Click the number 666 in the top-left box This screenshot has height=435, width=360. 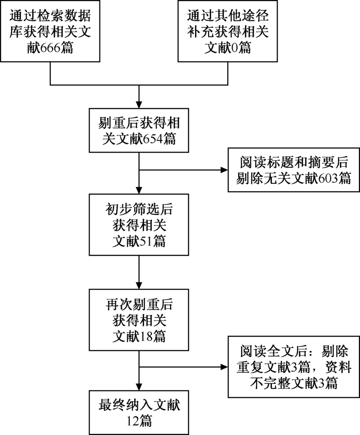pos(50,48)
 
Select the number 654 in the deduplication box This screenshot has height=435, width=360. pos(153,139)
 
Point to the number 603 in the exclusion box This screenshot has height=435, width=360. pos(328,178)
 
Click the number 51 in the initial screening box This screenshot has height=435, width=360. pos(146,241)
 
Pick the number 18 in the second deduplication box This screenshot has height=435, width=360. pos(146,336)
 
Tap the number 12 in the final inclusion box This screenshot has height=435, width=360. pos(133,421)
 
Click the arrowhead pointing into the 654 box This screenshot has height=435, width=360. pos(139,105)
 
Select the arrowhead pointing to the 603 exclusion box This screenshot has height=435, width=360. pos(224,170)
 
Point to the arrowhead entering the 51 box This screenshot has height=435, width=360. pos(139,190)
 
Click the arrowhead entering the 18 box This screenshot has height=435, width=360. pos(139,285)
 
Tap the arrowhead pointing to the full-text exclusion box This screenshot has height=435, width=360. pos(224,367)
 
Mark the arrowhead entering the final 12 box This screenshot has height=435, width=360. pos(139,387)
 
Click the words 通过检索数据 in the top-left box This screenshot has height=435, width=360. pos(50,15)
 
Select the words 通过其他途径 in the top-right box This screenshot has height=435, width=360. pos(228,15)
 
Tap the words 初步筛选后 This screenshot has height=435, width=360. pos(139,209)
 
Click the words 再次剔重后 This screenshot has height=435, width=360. pos(139,304)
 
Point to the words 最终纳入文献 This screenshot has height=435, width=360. pos(139,405)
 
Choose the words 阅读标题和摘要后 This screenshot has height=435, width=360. pos(294,162)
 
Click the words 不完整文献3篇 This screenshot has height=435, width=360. pos(294,383)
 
